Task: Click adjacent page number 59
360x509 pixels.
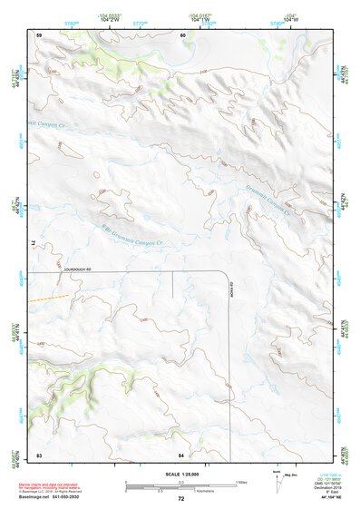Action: [39, 34]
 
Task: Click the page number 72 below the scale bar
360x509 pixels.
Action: [180, 498]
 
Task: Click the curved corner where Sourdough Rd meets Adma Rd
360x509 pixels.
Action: [223, 274]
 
